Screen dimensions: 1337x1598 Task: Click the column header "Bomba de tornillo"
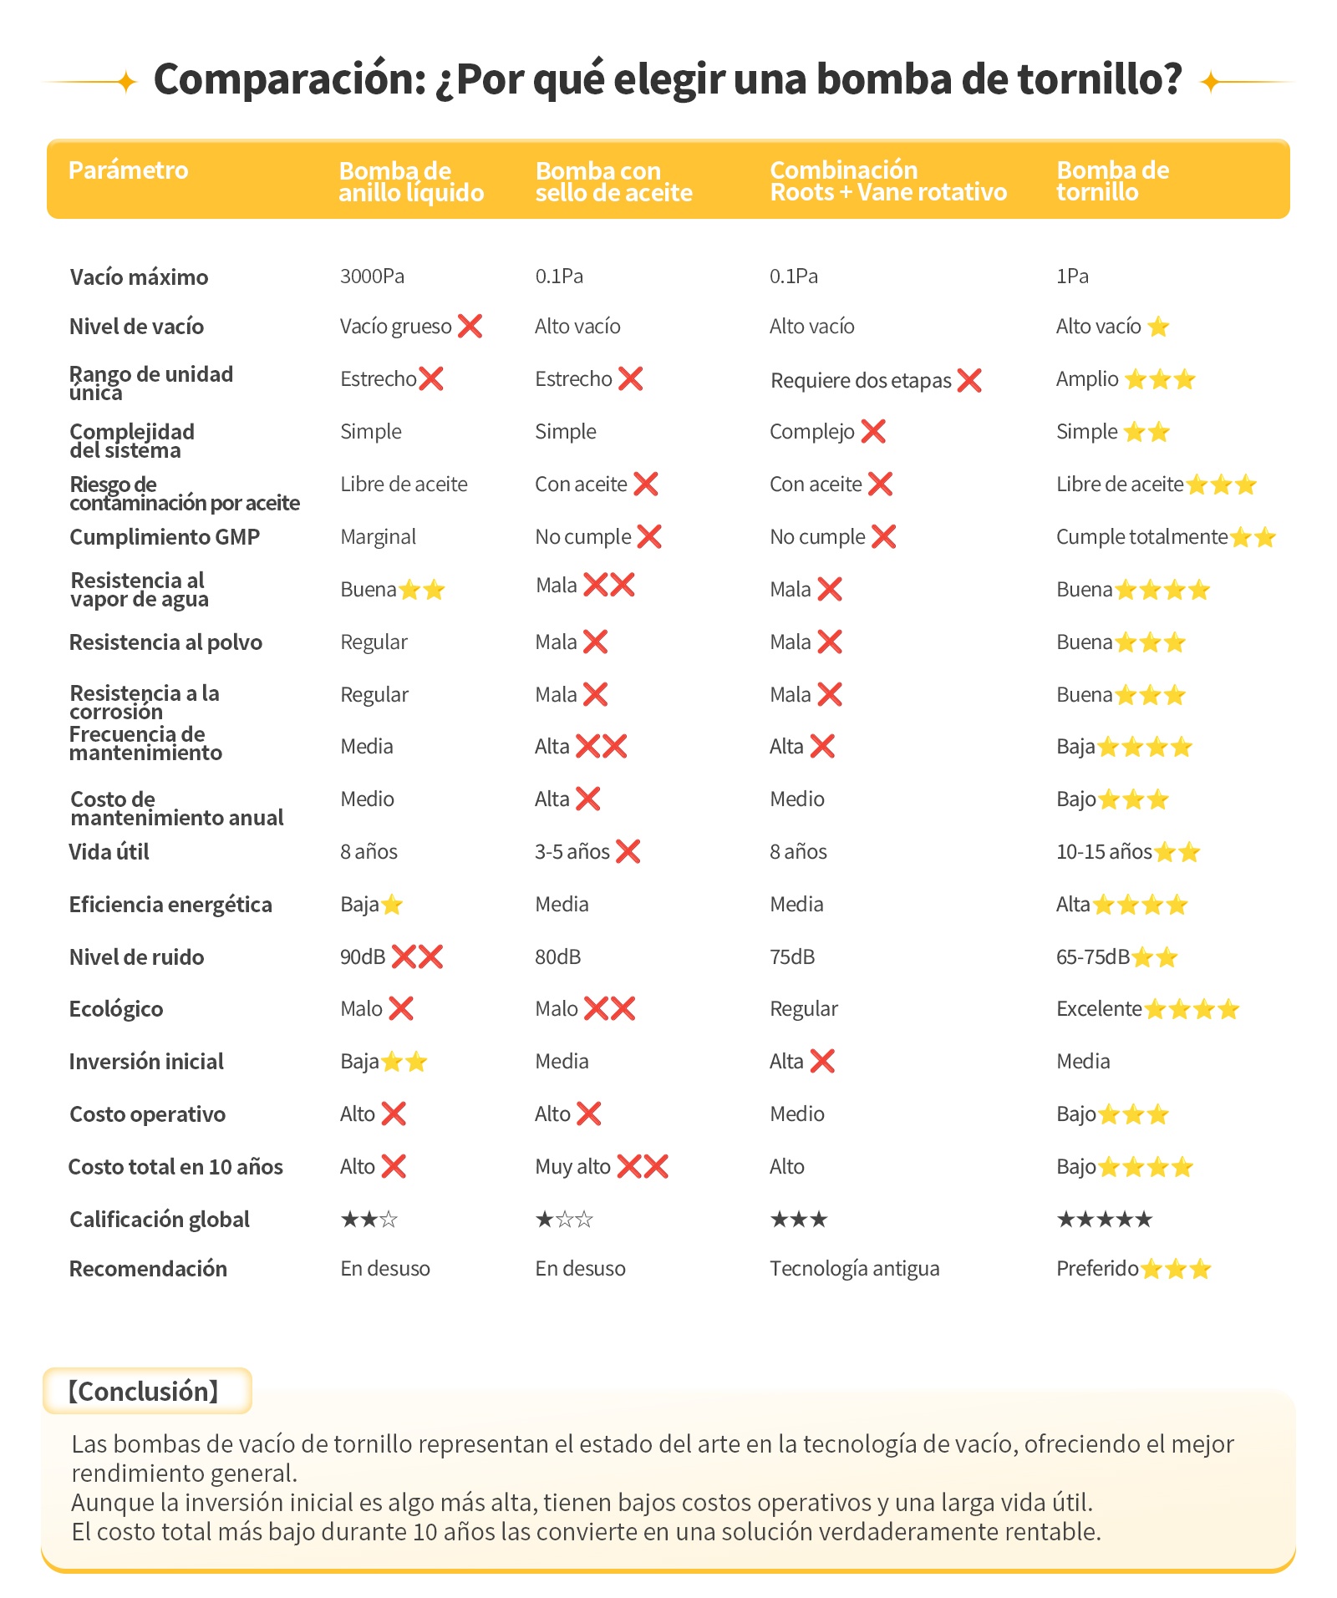click(1112, 181)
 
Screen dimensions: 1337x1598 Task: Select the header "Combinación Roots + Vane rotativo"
click(888, 181)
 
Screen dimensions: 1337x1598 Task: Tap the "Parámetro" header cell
click(129, 170)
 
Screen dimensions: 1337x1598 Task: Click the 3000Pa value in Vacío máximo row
click(372, 276)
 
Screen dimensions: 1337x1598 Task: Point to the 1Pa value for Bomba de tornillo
click(1072, 276)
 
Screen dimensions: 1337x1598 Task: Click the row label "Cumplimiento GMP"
click(165, 537)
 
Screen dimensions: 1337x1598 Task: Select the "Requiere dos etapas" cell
click(861, 381)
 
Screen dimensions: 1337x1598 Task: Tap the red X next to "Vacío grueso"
click(470, 326)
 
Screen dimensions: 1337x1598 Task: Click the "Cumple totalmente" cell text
click(1141, 537)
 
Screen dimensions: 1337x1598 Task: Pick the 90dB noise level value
click(363, 957)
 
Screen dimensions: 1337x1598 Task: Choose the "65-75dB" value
click(1093, 957)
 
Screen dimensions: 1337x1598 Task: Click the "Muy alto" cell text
click(573, 1167)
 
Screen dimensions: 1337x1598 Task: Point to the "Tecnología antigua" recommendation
click(855, 1269)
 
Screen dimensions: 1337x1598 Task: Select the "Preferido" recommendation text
click(1098, 1269)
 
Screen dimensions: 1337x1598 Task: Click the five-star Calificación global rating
click(1105, 1220)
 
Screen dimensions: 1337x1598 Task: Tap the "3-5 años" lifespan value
click(572, 852)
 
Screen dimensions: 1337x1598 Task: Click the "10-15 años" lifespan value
click(1105, 852)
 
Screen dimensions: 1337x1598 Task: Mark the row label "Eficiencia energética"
click(170, 905)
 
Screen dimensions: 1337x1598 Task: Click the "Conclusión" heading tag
click(144, 1392)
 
